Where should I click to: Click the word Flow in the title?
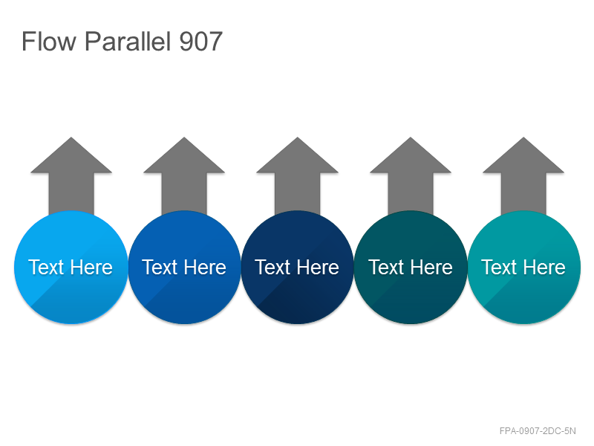click(x=49, y=42)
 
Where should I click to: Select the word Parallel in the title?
click(x=128, y=42)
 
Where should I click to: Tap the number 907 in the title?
click(x=200, y=42)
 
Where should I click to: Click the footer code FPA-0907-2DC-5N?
click(x=538, y=431)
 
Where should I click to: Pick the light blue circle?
click(x=71, y=268)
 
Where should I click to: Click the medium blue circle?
click(x=184, y=268)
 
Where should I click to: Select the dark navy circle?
click(x=298, y=268)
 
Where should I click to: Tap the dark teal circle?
click(x=411, y=268)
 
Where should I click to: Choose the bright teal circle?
click(x=524, y=268)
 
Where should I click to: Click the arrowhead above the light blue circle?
click(x=71, y=159)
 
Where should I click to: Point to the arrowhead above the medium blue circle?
click(x=184, y=159)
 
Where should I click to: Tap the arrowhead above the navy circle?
click(x=298, y=159)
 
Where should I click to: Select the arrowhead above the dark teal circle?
click(x=411, y=159)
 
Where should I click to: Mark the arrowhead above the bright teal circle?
click(x=523, y=159)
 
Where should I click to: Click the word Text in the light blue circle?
click(x=46, y=268)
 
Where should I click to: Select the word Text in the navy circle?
click(x=272, y=268)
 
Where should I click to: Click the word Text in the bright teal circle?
click(x=498, y=268)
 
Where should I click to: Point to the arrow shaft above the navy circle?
click(x=298, y=193)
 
